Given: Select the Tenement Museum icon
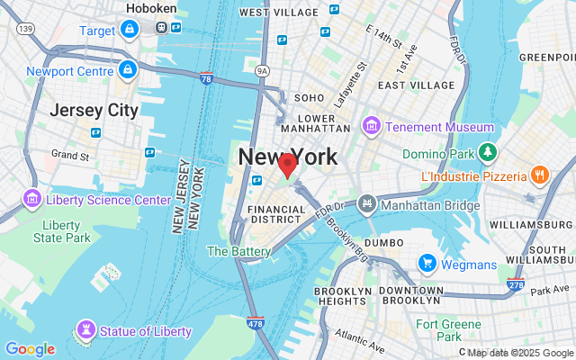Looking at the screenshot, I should (369, 127).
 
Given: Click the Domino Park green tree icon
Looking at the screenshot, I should (488, 151).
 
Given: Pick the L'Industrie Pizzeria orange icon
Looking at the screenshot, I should (540, 174).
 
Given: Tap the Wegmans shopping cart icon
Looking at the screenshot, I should (427, 264).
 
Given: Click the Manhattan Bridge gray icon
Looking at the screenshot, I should (366, 204).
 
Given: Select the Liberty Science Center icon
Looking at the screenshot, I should (32, 198).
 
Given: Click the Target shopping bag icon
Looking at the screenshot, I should (130, 30).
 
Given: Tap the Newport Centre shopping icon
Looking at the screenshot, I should (128, 69).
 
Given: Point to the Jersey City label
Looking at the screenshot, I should (94, 111).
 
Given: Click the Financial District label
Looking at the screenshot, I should (277, 213).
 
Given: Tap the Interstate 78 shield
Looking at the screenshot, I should (207, 79).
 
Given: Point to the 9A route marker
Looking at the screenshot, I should (262, 69).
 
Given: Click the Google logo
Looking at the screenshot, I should (30, 349).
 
